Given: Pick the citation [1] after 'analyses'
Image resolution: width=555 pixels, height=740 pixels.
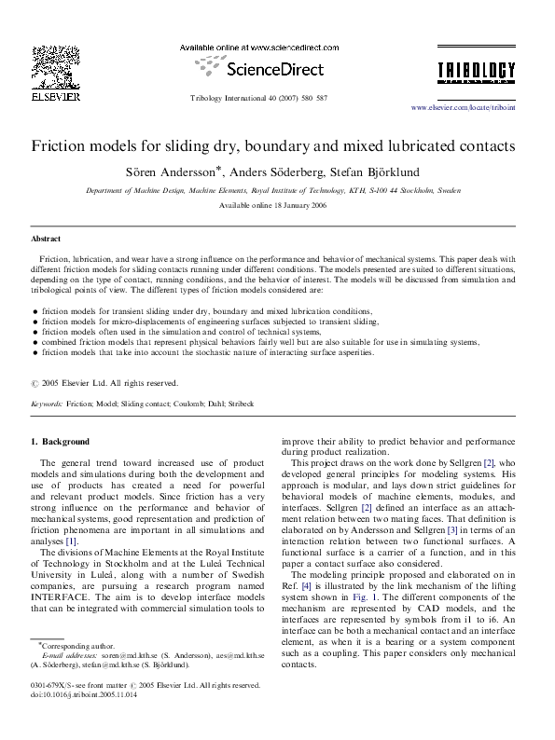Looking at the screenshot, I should pos(71,541).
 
